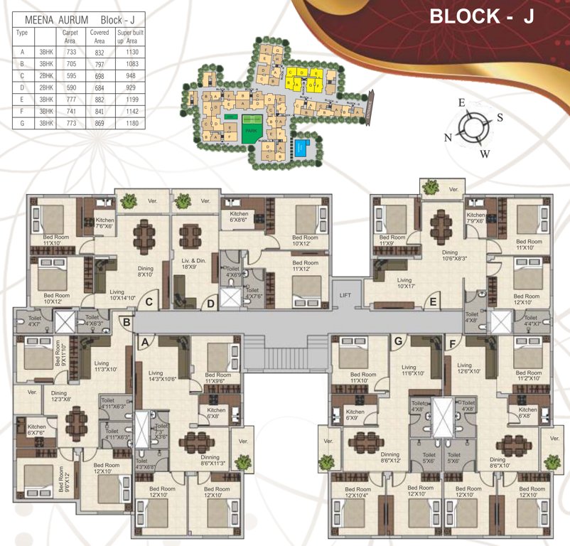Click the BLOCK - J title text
[x=481, y=17]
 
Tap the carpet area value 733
[x=69, y=52]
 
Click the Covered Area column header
[x=98, y=37]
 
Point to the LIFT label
[x=346, y=294]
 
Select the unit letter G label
[x=398, y=342]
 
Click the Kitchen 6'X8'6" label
[x=238, y=218]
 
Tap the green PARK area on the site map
[x=249, y=131]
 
